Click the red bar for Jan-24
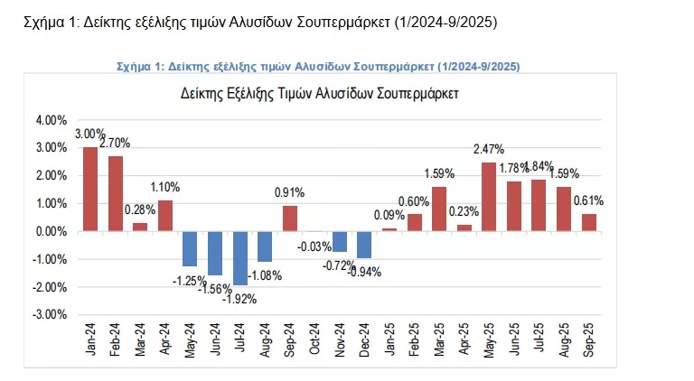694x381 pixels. (x=90, y=189)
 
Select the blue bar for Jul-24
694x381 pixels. (x=239, y=257)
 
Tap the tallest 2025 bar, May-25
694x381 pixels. (x=489, y=196)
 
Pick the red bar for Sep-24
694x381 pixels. (x=289, y=218)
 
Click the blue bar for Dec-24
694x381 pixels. (x=364, y=244)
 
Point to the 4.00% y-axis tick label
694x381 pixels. (x=51, y=120)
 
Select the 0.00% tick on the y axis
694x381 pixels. (x=51, y=232)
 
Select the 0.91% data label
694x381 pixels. (x=290, y=192)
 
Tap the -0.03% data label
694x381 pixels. (x=314, y=246)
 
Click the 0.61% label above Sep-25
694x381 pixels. (x=587, y=201)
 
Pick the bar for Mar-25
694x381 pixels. (x=439, y=209)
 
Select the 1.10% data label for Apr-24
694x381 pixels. (x=165, y=187)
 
